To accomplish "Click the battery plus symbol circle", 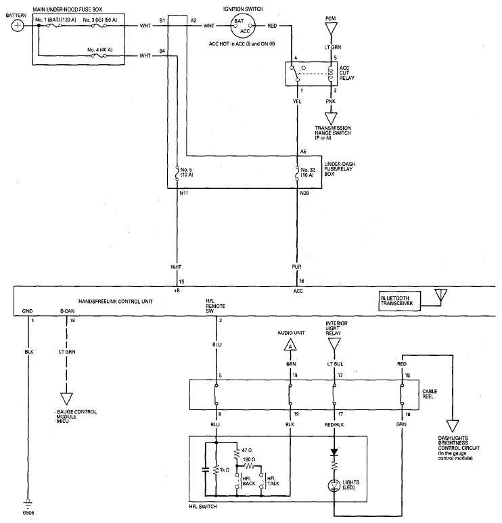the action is click(x=18, y=26).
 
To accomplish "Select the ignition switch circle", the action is click(x=243, y=26).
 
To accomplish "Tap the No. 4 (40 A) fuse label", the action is click(x=99, y=49).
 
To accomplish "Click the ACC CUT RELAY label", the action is click(x=346, y=73).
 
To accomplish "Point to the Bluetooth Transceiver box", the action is click(x=399, y=301).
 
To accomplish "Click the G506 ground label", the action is click(x=28, y=513).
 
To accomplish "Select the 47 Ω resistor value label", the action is click(x=246, y=450).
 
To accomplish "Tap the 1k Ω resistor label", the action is click(x=225, y=470).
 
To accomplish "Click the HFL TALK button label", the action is click(x=273, y=481).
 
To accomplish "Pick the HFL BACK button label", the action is click(x=249, y=481).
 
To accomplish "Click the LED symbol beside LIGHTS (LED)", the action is click(x=334, y=486).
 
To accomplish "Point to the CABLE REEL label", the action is click(x=430, y=394).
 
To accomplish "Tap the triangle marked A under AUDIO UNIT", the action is click(x=290, y=346).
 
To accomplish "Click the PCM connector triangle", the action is click(x=331, y=28).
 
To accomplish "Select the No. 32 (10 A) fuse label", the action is click(x=308, y=172).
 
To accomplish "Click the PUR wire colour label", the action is click(x=296, y=267).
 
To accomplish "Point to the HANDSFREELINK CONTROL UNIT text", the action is click(x=116, y=302).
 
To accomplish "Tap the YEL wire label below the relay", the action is click(x=297, y=101).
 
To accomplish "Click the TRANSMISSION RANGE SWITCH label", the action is click(x=333, y=133).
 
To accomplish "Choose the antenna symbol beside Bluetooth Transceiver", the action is click(x=440, y=296).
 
